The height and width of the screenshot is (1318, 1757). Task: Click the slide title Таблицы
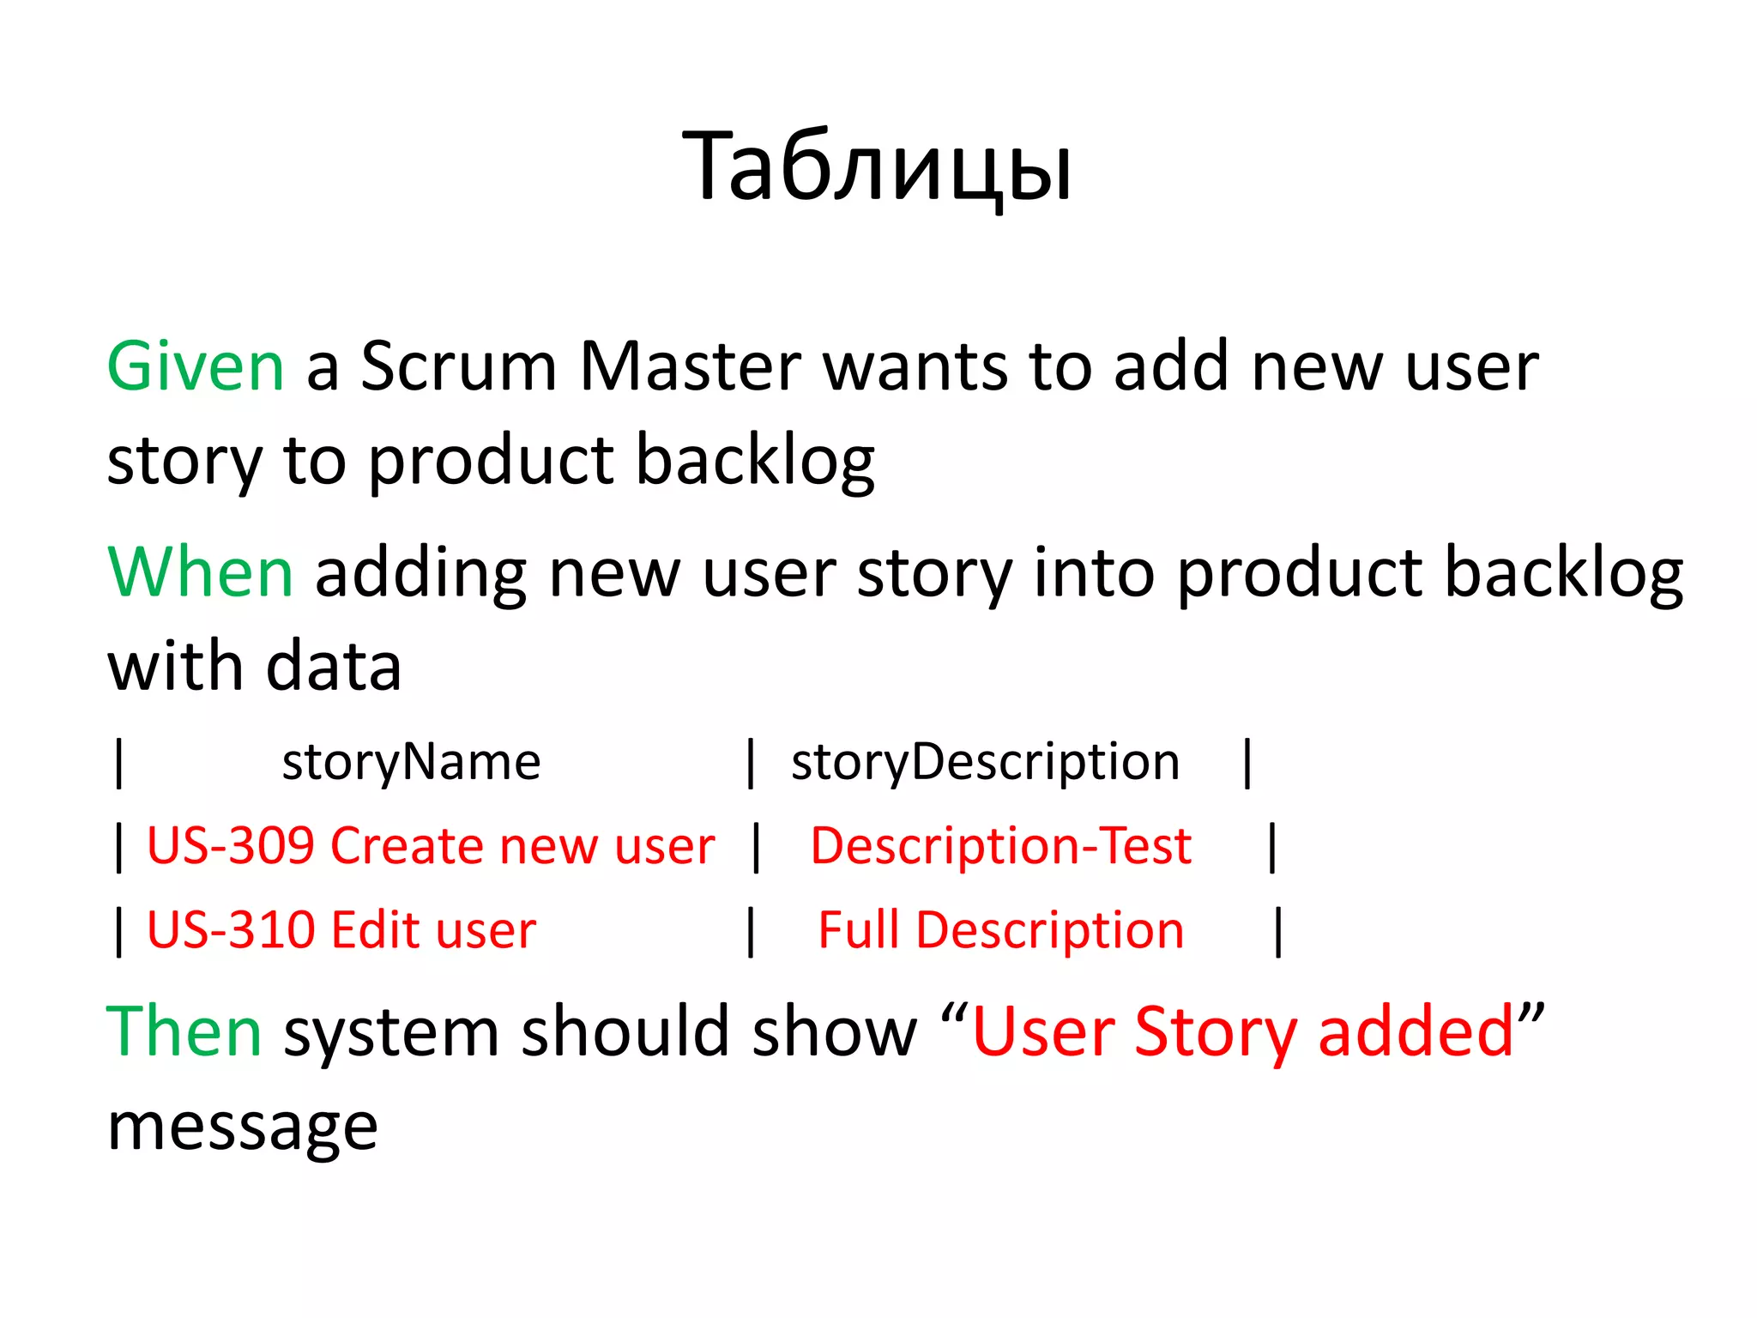(x=877, y=167)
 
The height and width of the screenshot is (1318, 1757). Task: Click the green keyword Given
(x=195, y=367)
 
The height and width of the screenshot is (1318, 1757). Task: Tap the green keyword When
(x=201, y=572)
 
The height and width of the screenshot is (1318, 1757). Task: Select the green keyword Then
(x=184, y=1031)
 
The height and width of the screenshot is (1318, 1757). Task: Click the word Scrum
(x=459, y=367)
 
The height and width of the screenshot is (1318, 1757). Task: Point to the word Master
(x=691, y=367)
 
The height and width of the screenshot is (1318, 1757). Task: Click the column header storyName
(x=411, y=762)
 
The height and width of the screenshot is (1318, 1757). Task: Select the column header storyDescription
(x=985, y=762)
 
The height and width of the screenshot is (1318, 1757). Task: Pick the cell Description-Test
(x=1000, y=846)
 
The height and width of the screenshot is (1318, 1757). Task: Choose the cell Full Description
(x=1000, y=930)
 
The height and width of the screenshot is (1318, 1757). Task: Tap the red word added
(x=1416, y=1031)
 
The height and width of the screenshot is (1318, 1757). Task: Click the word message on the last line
(x=242, y=1128)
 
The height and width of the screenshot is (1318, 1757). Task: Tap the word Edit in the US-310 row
(x=374, y=930)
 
